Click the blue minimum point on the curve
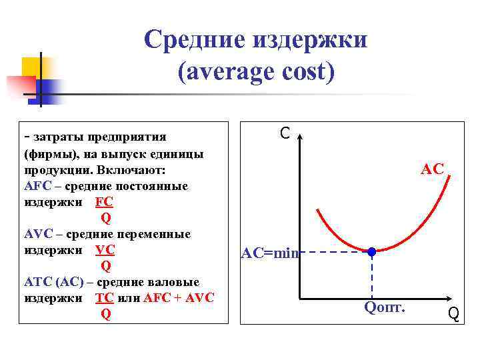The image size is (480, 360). (372, 252)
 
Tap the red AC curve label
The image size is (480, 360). (432, 169)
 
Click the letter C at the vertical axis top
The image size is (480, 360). (285, 134)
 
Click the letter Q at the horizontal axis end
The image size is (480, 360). (453, 313)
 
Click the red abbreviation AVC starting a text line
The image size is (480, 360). (37, 234)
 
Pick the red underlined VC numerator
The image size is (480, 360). (105, 250)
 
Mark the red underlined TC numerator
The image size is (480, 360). (105, 298)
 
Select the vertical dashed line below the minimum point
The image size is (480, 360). (372, 277)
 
